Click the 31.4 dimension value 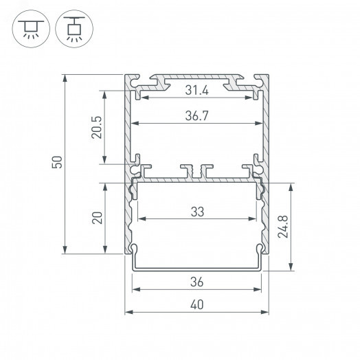point(196,90)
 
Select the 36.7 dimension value point(196,116)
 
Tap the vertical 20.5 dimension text point(96,126)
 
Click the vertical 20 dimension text point(97,218)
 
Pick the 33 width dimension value point(197,212)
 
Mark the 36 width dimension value point(196,282)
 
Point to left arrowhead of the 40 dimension point(128,313)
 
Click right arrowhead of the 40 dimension point(266,313)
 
